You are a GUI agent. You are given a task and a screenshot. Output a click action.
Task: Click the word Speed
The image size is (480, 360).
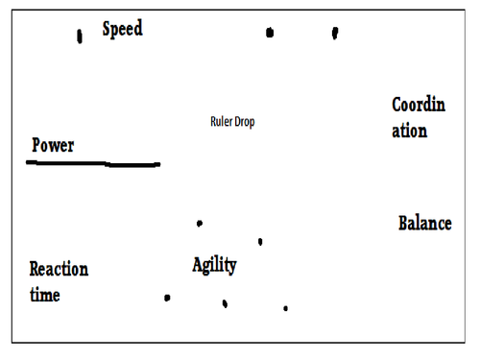coord(123,29)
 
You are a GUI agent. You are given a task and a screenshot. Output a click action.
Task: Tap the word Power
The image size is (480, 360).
coord(53,146)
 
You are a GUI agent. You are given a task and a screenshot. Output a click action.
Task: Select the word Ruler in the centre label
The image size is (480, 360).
coord(221,122)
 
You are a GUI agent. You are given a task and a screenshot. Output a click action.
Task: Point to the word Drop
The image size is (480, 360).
coord(245,123)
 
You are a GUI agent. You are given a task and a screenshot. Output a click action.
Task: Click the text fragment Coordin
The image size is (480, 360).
coord(419,105)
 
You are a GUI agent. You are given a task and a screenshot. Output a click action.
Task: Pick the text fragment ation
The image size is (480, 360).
coord(409,131)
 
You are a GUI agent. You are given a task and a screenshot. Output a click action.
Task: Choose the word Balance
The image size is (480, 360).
coord(424,224)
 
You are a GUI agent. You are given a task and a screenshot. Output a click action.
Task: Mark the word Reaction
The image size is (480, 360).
coord(59,270)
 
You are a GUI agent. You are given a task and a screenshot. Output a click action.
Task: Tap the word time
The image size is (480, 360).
coord(44,295)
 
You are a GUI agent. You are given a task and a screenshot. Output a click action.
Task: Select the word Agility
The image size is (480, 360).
coord(214,265)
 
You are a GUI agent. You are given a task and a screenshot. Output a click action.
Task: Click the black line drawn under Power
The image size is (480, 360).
coord(93,164)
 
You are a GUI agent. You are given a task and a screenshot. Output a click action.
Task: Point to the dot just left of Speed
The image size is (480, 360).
coord(80,36)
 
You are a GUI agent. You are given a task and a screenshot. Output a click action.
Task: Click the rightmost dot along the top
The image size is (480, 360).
coord(335,33)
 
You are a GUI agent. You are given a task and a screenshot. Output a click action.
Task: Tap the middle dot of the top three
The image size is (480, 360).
coord(270,33)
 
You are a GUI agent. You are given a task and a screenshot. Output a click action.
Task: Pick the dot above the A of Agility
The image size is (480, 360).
coord(199,224)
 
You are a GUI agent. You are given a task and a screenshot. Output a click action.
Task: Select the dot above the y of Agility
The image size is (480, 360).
coord(260,242)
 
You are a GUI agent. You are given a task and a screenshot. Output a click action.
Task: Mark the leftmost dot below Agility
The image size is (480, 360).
coord(167,298)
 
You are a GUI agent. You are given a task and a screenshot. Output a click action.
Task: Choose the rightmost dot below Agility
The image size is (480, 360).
coord(285,308)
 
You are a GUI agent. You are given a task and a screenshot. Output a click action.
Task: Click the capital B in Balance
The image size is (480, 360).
coord(404,224)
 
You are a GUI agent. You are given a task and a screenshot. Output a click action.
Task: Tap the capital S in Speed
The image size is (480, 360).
coord(108,29)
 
